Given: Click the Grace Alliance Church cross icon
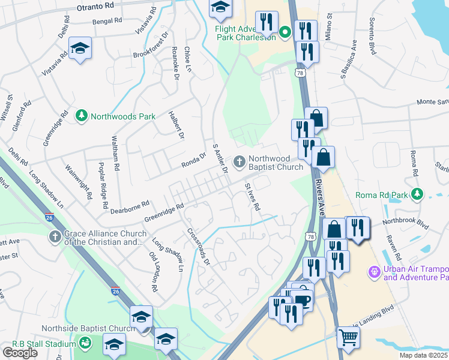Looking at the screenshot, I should (x=55, y=237).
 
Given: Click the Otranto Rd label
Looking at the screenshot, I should (x=95, y=6).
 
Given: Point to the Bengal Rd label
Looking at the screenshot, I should (x=107, y=20).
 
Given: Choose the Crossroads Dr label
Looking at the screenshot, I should (x=199, y=246).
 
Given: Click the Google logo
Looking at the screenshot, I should (x=20, y=352).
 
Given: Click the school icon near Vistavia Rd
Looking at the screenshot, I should (x=79, y=49).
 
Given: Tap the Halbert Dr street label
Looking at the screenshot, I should (x=175, y=124).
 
